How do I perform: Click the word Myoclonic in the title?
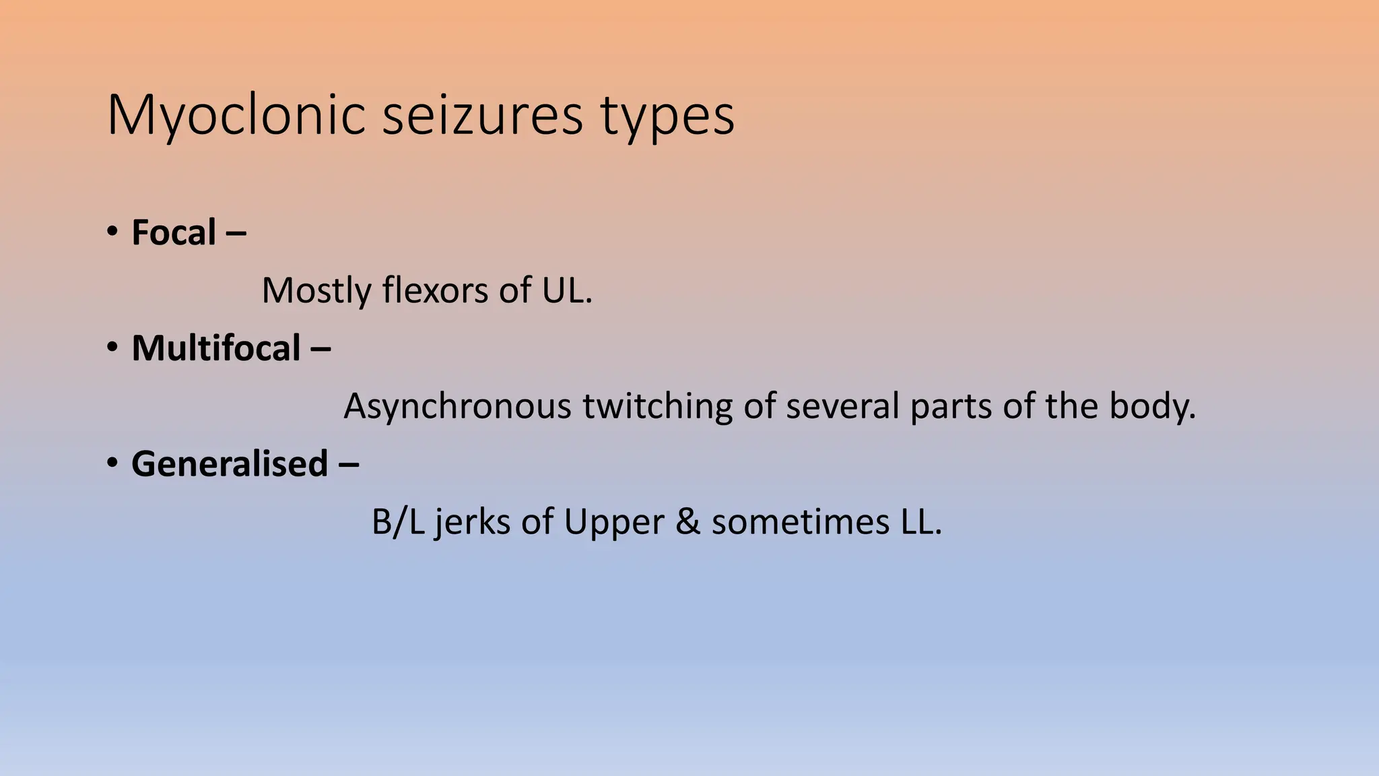236,116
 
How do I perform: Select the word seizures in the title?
482,116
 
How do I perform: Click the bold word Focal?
174,233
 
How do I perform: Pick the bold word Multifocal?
216,349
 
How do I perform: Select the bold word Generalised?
230,464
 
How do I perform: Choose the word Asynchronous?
458,407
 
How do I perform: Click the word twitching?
657,407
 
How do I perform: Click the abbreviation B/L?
398,522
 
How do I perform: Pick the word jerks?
473,522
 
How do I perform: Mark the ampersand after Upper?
687,522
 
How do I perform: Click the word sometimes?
801,522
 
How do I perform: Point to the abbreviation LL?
920,522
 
